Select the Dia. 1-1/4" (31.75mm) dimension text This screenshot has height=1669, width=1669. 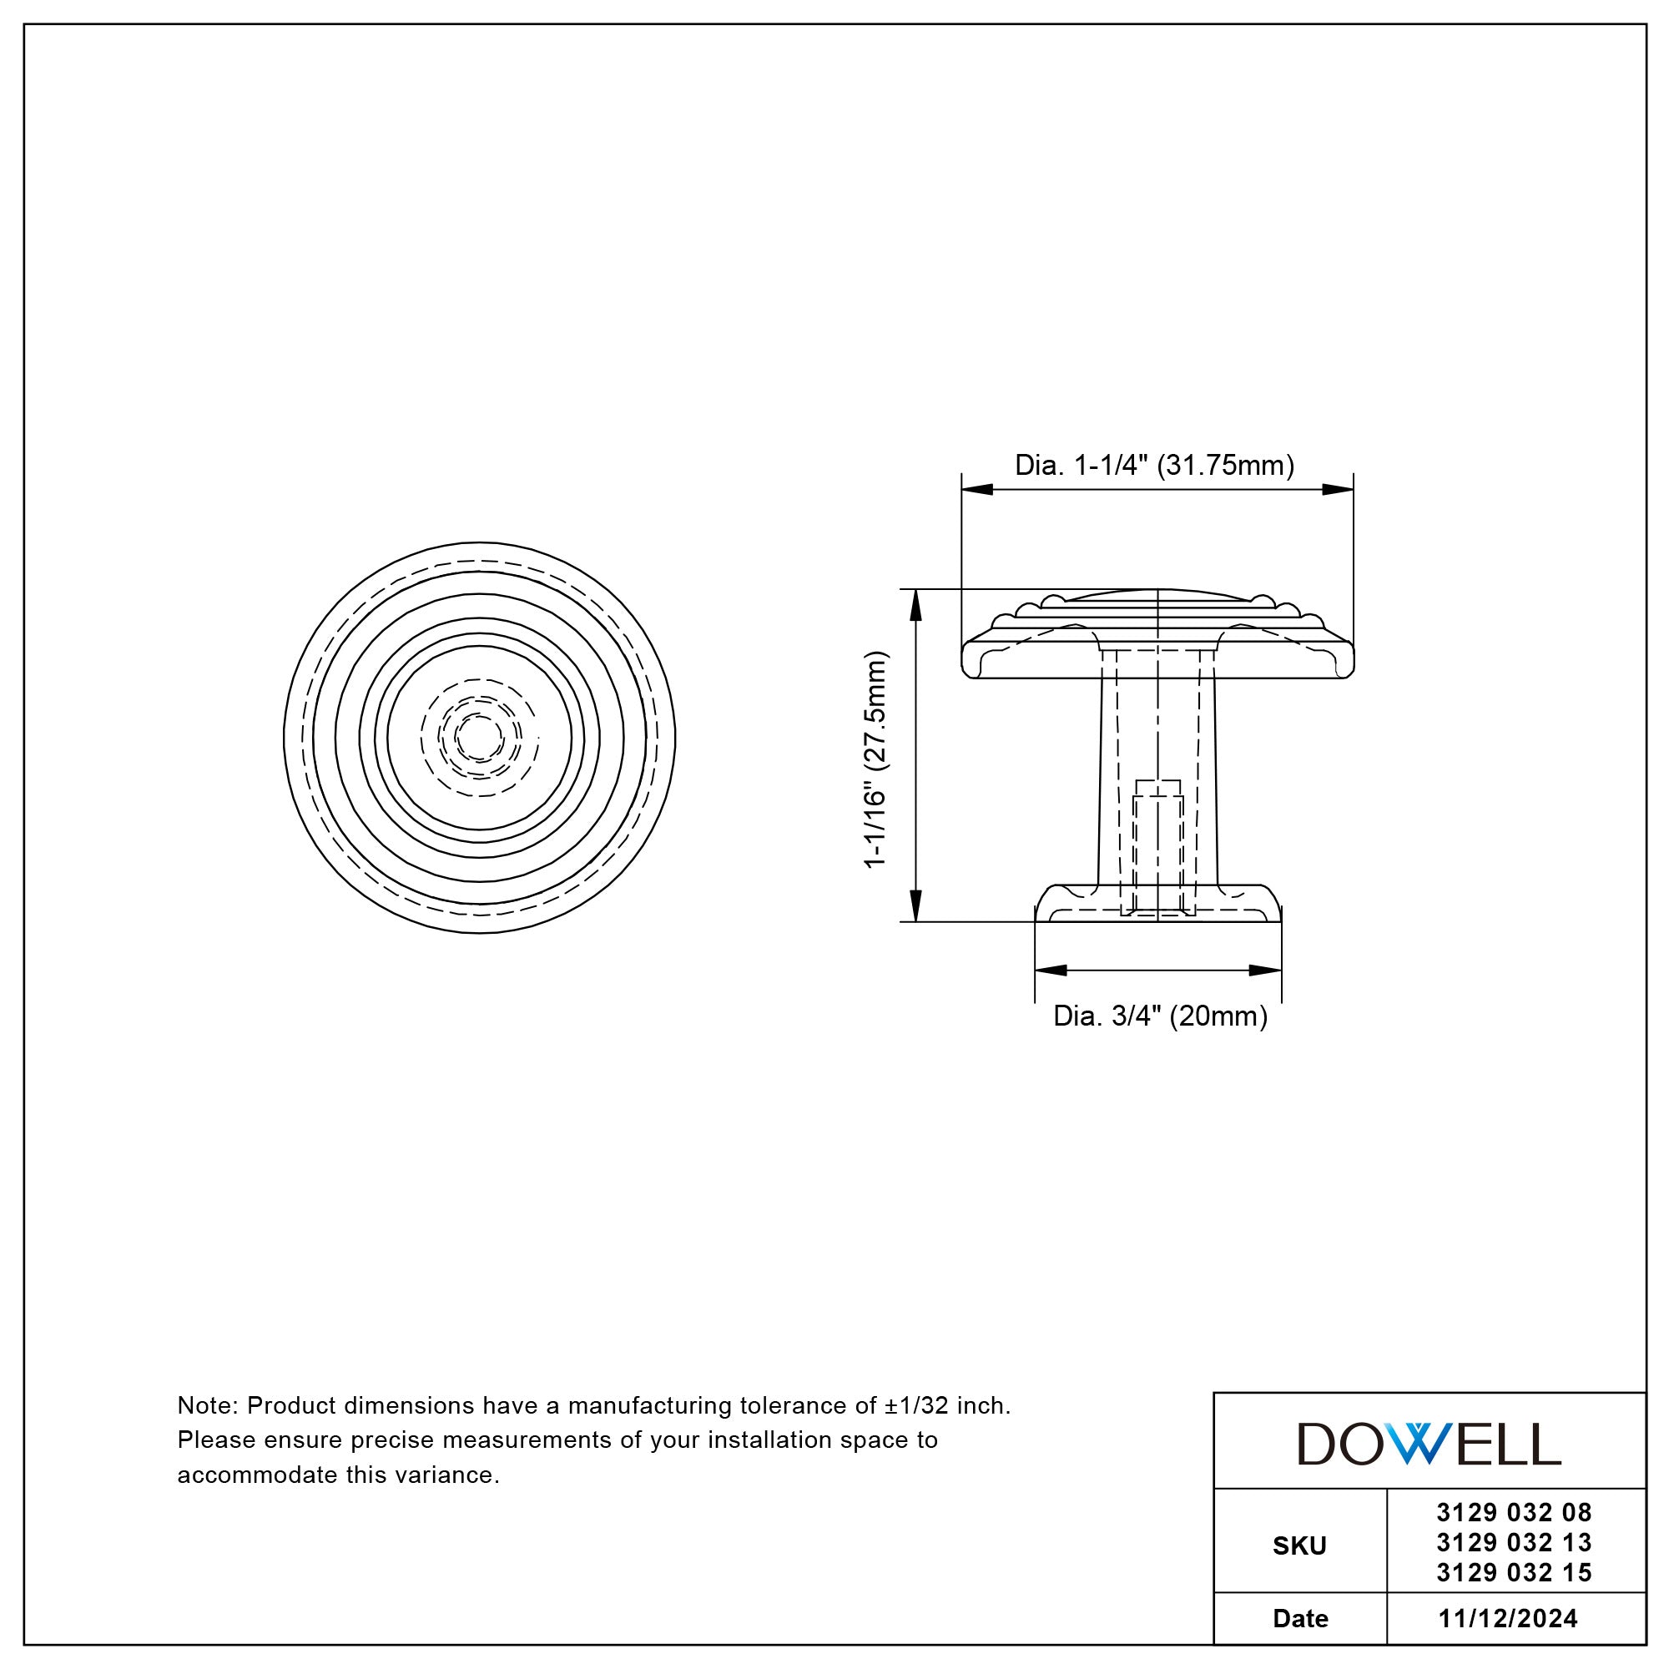click(1154, 466)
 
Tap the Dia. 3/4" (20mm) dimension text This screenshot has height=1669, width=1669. click(1160, 1016)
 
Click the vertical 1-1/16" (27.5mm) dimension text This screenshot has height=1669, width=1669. click(876, 759)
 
